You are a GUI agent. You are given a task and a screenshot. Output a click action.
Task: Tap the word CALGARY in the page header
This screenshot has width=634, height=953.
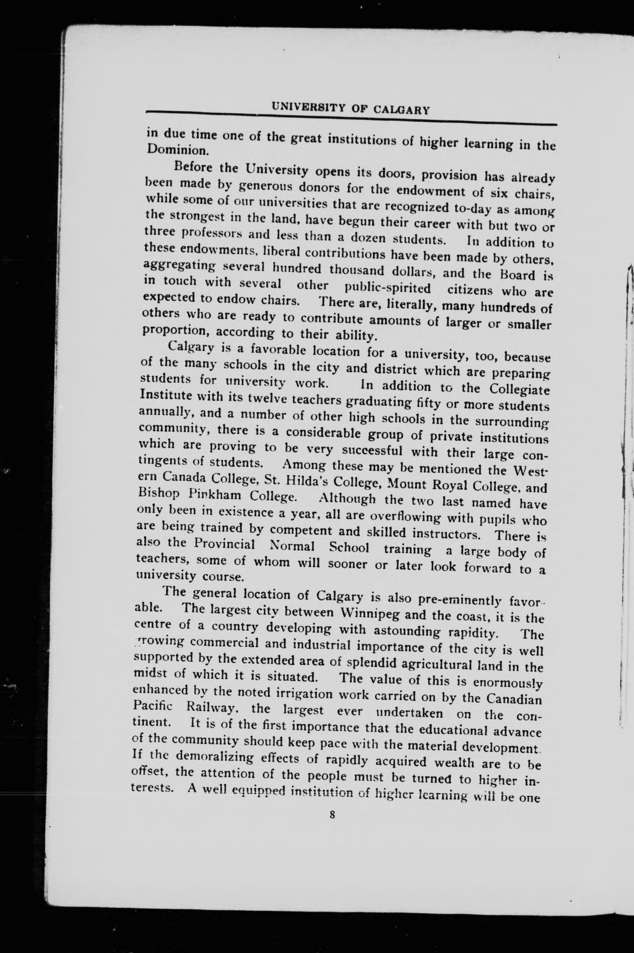(401, 110)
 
